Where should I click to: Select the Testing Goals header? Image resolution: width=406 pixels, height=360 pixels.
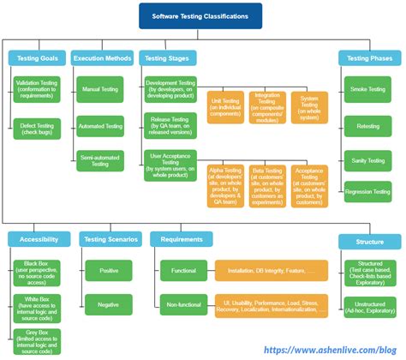[35, 58]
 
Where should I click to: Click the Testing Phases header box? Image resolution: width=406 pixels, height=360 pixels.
[369, 58]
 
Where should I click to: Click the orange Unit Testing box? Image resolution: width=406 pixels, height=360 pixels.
[225, 107]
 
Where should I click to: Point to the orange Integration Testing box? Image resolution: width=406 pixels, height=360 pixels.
[268, 107]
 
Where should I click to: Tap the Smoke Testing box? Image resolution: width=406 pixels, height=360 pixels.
[370, 88]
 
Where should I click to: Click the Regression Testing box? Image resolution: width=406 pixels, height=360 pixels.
[370, 192]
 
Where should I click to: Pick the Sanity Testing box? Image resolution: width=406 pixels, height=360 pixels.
[370, 159]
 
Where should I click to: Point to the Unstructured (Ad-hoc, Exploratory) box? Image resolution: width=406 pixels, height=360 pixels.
[369, 306]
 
